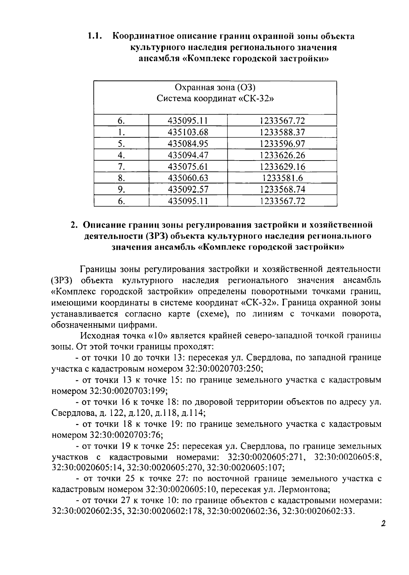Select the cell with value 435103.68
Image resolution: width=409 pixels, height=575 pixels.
click(188, 132)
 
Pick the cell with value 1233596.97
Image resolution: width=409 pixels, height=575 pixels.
click(282, 143)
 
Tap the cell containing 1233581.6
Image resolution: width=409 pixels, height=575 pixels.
click(282, 178)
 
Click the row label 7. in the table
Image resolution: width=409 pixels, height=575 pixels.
click(121, 167)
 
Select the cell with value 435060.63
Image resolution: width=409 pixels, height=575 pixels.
click(188, 178)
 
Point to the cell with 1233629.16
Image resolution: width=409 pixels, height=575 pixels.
click(282, 167)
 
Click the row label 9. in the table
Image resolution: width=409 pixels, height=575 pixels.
click(121, 190)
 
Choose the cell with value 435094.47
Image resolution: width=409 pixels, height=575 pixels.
click(188, 155)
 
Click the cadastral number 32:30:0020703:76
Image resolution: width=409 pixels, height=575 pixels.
click(126, 435)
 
